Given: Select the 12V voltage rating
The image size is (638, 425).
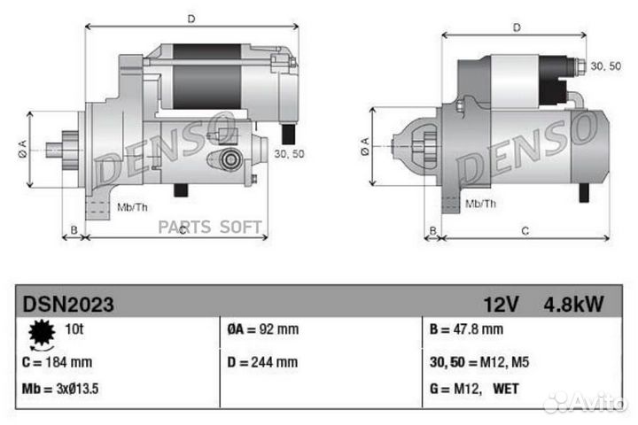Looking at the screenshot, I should point(501,305).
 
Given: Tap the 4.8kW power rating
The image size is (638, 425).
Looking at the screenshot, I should point(573,305).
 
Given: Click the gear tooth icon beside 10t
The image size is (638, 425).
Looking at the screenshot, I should point(41,334).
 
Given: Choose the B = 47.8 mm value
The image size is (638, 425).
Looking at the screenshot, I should point(466,329).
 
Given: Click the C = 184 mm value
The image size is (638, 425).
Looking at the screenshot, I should point(58,362).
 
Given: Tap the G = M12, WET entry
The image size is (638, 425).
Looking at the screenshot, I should point(475,388).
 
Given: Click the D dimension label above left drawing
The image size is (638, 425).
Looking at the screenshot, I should point(191,17).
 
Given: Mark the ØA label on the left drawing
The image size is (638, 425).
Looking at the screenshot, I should point(21,150).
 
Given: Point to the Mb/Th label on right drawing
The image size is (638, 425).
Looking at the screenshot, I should point(480,204).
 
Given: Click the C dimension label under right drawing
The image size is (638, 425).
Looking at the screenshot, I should point(525,231).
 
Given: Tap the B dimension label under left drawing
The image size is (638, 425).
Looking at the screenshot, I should point(74,231).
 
